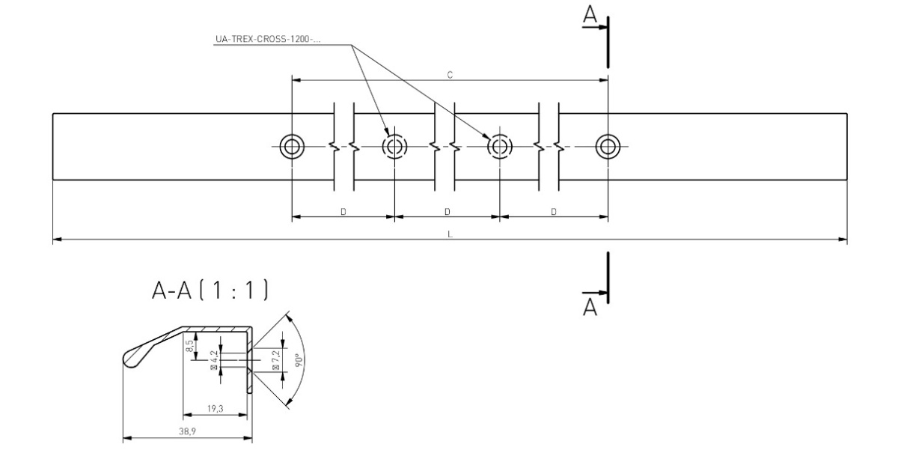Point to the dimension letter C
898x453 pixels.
(x=449, y=74)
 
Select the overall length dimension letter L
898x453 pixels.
(x=449, y=235)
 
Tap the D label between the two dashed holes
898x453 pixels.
(x=447, y=212)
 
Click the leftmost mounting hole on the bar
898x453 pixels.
(x=290, y=146)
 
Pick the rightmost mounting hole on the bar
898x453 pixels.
(x=607, y=146)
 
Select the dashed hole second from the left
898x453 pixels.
(x=394, y=146)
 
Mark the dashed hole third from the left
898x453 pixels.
(x=499, y=146)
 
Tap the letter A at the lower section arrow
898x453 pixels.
(x=590, y=306)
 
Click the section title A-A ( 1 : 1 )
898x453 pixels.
(x=209, y=291)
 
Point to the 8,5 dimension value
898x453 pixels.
(x=191, y=347)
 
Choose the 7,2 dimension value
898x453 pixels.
(x=276, y=359)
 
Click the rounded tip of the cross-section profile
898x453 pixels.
(x=129, y=359)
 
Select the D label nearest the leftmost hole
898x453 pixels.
(x=343, y=212)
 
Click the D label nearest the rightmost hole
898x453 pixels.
(x=554, y=212)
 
